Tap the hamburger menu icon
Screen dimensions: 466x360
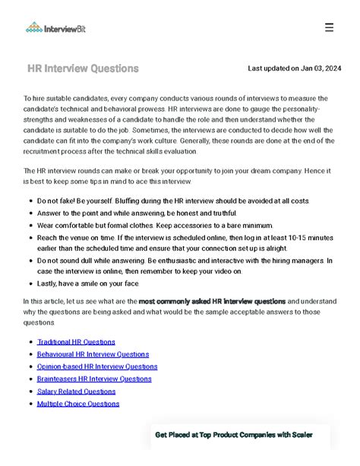tap(329, 27)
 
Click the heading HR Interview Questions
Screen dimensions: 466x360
tap(83, 68)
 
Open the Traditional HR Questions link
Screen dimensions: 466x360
tap(76, 342)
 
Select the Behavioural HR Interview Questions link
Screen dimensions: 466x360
tap(93, 354)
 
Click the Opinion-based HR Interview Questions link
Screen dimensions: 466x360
tap(97, 366)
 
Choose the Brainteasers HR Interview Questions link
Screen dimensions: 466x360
tap(94, 379)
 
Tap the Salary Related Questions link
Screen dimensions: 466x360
tap(77, 392)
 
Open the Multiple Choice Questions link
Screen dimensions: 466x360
tap(78, 404)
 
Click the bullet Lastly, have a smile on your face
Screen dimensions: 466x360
tap(88, 284)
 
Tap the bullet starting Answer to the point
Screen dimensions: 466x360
tap(137, 214)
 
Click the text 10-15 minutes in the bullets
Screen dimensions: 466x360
tap(302, 238)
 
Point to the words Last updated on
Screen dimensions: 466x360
tap(273, 68)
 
